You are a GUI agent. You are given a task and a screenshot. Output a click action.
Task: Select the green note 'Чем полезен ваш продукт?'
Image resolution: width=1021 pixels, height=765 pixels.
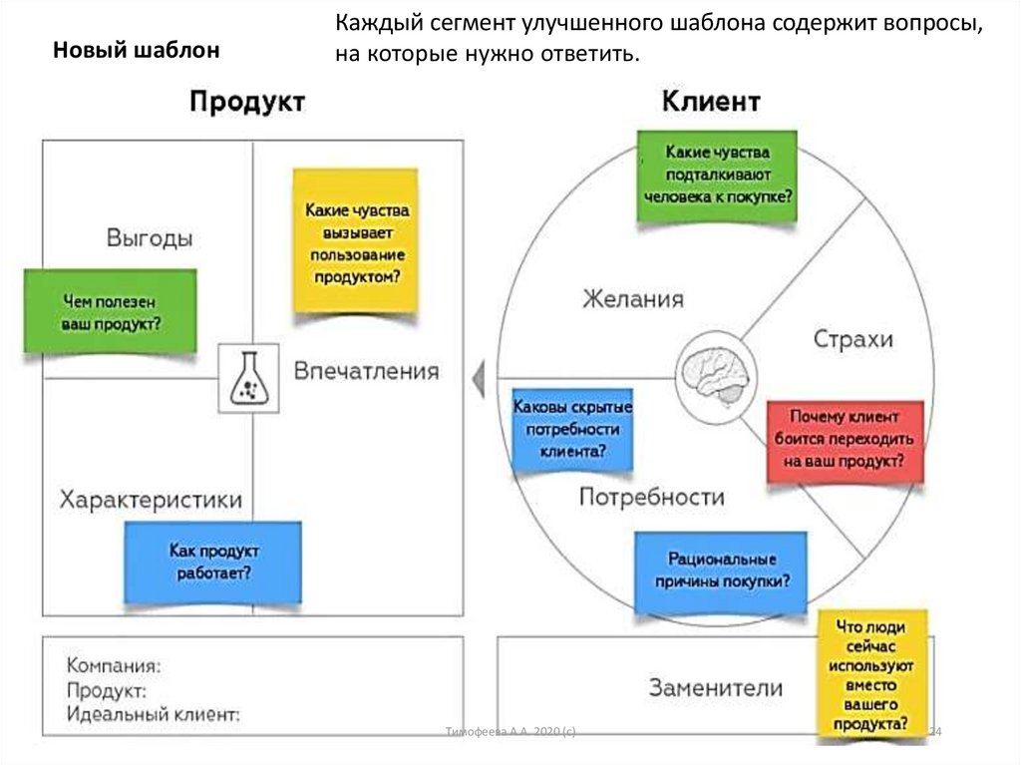[111, 311]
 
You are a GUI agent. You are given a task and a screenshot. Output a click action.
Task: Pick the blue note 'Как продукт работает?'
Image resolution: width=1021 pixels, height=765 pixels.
[212, 562]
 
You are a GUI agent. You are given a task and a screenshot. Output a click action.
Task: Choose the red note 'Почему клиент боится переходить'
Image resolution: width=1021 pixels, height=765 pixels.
[845, 440]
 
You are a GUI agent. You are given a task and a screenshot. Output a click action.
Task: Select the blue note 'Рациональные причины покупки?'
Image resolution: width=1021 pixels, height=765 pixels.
[722, 571]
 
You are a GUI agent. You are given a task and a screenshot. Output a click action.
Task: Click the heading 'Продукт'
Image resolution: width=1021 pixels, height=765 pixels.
[247, 102]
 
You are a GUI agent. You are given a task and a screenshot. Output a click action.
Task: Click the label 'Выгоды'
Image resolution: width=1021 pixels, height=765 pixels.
[150, 239]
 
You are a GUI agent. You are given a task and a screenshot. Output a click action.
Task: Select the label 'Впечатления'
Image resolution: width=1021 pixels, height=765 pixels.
[366, 371]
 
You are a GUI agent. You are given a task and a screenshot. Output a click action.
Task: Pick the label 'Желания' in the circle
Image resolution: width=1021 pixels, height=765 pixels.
[633, 299]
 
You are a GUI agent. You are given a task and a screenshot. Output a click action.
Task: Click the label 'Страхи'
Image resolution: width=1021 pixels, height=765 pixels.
[853, 339]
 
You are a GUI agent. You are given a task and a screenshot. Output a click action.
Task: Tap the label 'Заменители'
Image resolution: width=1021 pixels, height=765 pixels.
[716, 687]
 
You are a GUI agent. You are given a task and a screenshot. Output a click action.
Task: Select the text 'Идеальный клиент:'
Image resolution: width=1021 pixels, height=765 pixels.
[154, 715]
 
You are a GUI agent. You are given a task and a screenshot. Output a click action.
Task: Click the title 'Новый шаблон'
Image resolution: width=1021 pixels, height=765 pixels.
[136, 50]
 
